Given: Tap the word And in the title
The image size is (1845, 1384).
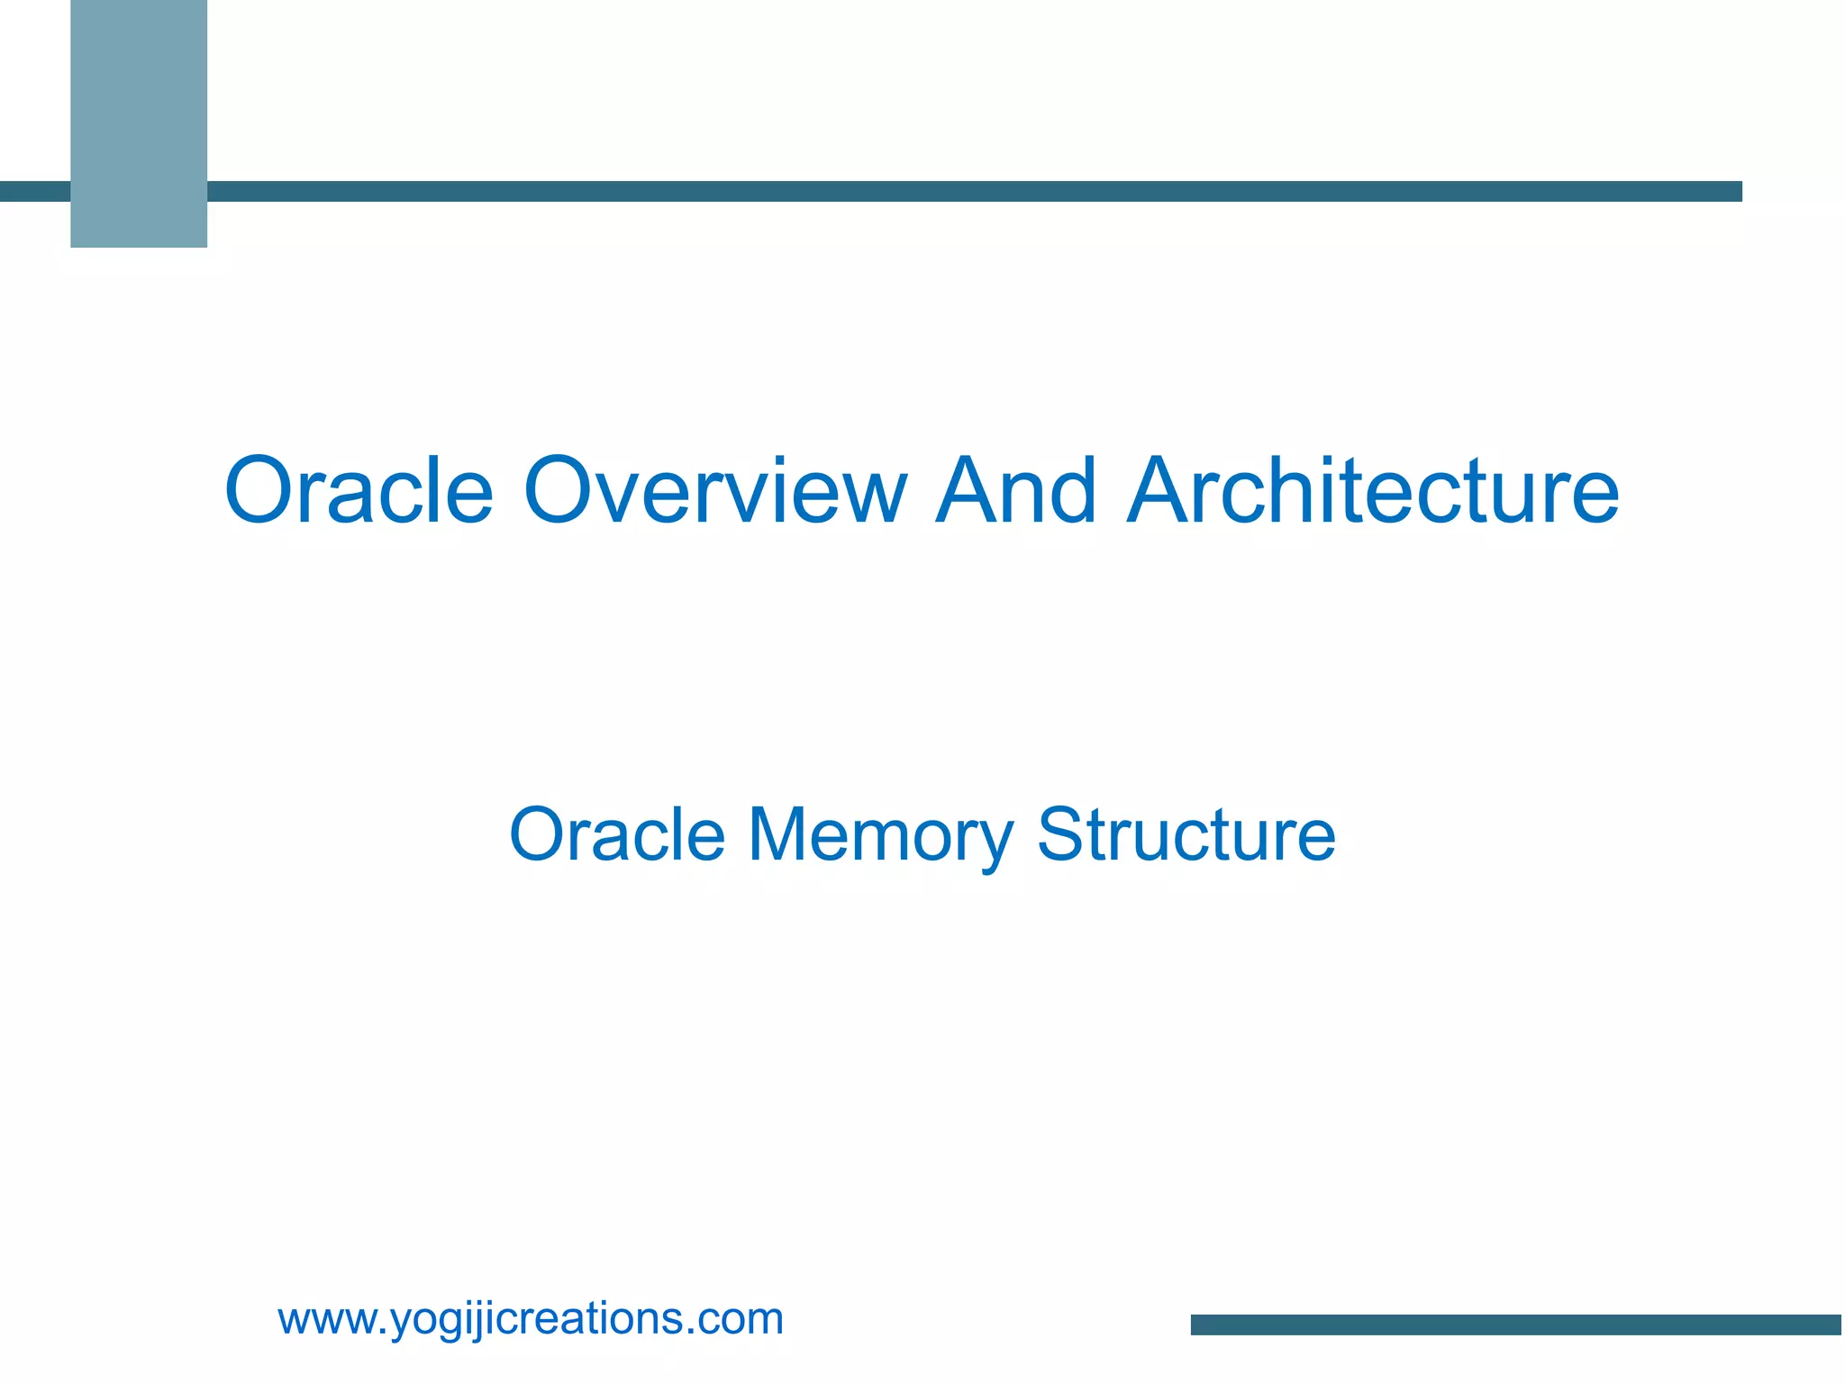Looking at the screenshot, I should coord(1015,491).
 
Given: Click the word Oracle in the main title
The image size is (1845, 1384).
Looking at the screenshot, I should coord(359,491).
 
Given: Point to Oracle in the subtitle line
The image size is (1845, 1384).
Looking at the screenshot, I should coord(617,835).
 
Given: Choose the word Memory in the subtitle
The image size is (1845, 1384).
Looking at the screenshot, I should coord(880,835).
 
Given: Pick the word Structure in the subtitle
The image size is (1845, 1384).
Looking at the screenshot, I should coord(1186,835).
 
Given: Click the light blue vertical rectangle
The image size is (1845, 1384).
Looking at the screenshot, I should coord(139,123).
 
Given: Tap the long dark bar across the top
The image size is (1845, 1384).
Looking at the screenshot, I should coord(973,191).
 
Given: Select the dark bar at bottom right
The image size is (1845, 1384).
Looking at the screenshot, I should coord(1515,1324).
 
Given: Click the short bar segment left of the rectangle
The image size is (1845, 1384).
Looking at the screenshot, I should coord(34,191).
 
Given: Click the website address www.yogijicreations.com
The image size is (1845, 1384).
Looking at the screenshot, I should coord(531,1319).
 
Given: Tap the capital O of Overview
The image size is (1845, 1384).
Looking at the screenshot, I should coord(561,491).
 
